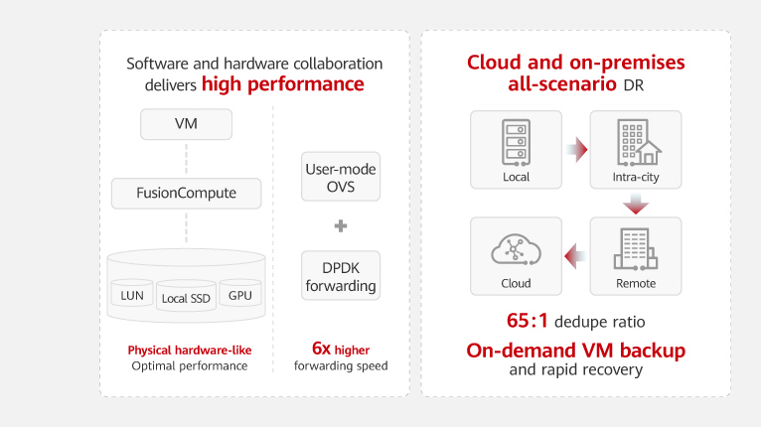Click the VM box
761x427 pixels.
point(186,124)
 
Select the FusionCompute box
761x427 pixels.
point(186,193)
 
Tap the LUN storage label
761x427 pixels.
point(132,295)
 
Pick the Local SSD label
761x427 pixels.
point(186,298)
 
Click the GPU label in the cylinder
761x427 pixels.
point(240,295)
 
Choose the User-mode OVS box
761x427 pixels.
point(341,177)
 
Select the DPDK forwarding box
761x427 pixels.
point(341,276)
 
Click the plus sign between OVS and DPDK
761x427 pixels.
point(341,225)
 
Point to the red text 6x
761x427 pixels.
point(321,349)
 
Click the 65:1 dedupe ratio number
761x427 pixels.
point(528,321)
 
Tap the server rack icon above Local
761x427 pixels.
point(516,143)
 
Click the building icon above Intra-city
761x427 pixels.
point(639,143)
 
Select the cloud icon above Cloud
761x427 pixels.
point(516,249)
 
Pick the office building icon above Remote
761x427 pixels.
point(635,249)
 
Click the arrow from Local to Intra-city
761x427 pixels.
point(576,149)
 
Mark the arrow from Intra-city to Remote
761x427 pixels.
point(636,204)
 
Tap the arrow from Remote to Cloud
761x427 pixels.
point(575,256)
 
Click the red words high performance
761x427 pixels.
point(283,84)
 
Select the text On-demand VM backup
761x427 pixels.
point(575,351)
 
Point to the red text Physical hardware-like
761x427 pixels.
point(190,350)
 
